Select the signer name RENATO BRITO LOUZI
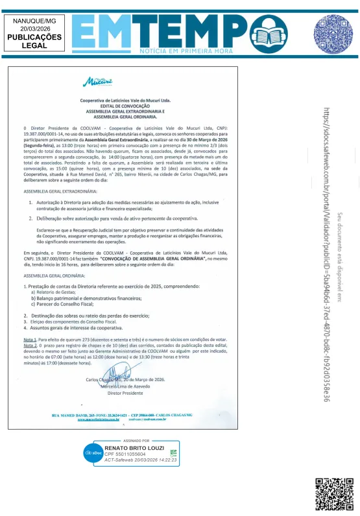pos(134,449)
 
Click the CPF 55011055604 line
pos(126,454)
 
